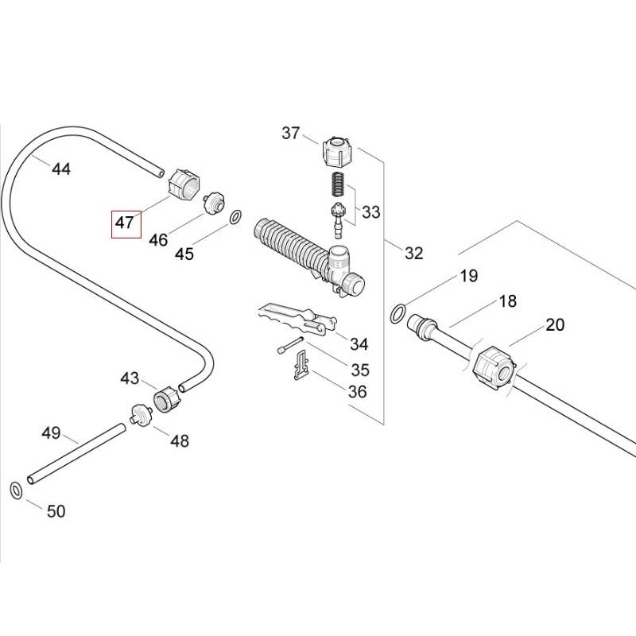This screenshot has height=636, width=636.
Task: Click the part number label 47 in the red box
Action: click(125, 223)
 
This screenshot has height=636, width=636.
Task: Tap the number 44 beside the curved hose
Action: click(61, 169)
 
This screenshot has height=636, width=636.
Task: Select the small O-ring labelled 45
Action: click(236, 216)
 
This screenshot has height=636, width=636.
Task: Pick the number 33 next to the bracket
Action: click(370, 212)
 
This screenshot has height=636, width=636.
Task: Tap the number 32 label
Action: click(413, 253)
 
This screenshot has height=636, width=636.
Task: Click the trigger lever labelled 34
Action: click(294, 318)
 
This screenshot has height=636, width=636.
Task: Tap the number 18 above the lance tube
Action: click(507, 301)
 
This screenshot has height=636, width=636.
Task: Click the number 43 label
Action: click(130, 378)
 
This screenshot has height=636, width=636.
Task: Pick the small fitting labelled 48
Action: click(141, 414)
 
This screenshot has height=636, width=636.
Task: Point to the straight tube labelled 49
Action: click(76, 453)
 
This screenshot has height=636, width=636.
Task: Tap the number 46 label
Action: click(158, 239)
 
